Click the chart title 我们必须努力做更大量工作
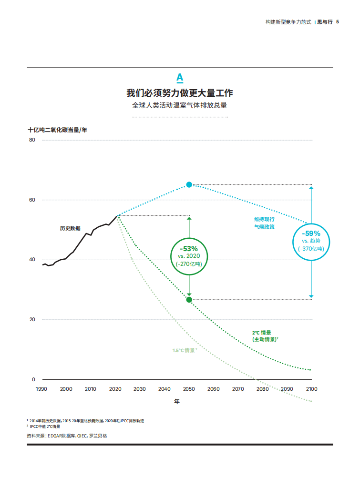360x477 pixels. click(180, 92)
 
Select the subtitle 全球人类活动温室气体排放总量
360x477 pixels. click(180, 105)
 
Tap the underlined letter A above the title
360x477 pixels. click(180, 78)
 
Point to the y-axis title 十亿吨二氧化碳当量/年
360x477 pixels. click(57, 130)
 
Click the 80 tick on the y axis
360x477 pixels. click(32, 140)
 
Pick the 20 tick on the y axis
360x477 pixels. click(32, 320)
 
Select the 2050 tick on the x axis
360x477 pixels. click(189, 389)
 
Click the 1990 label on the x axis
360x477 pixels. click(41, 389)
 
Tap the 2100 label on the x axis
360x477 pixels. click(311, 389)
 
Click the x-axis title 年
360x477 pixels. click(177, 402)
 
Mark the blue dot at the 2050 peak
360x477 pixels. click(189, 184)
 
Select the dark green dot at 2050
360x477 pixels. click(189, 300)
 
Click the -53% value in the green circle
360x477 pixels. click(189, 249)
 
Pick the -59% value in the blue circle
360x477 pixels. click(311, 233)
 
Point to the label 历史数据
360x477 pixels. click(70, 228)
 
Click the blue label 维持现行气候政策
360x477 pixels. click(264, 223)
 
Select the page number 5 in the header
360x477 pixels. click(338, 22)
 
